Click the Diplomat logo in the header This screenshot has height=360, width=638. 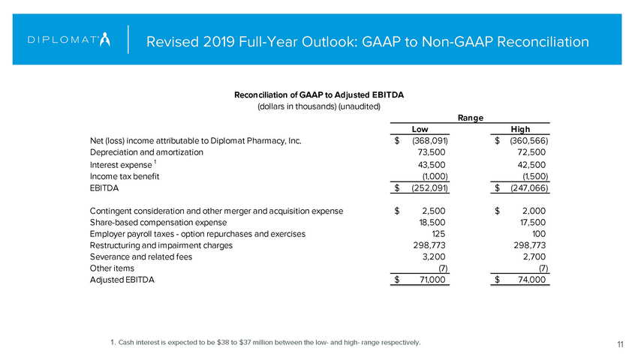pos(68,39)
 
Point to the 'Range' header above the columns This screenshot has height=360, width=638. pos(470,116)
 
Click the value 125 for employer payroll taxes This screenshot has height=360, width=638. pos(440,234)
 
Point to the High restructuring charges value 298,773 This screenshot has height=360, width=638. pos(528,245)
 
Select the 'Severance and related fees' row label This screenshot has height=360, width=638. pos(140,256)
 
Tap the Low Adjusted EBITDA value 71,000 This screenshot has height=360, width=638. pos(430,280)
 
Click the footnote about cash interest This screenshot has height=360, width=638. pos(265,343)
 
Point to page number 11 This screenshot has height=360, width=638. pos(621,343)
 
